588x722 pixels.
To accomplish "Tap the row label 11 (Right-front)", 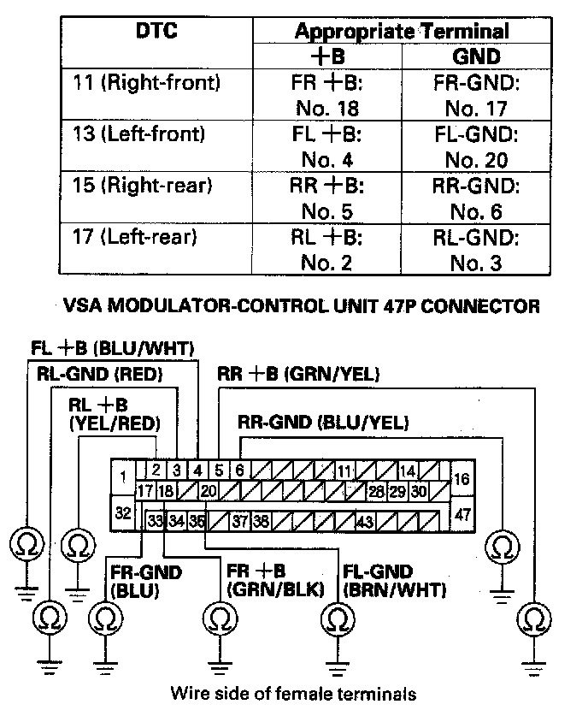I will (147, 83).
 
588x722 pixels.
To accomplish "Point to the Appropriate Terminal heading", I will (401, 32).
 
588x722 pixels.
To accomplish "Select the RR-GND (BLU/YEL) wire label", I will (323, 422).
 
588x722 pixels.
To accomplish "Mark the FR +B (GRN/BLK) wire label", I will (273, 581).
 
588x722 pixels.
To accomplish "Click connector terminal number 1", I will (123, 476).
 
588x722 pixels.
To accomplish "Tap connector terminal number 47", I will (462, 514).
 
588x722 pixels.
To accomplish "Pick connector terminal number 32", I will (123, 512).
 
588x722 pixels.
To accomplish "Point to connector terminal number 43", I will (366, 521).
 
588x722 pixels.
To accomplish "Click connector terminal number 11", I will (344, 471).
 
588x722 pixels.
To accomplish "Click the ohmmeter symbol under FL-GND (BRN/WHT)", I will (338, 618).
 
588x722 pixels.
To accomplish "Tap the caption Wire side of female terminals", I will (294, 693).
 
